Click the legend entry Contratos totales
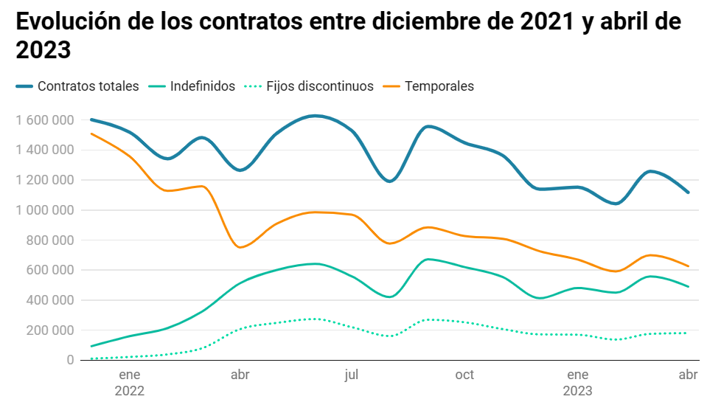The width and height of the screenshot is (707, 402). (88, 86)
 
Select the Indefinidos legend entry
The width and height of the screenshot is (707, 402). (202, 86)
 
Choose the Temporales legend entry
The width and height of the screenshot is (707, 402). (439, 86)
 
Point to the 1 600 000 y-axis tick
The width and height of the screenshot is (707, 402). (45, 119)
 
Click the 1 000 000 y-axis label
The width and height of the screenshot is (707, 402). (45, 210)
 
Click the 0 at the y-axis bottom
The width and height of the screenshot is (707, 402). (70, 360)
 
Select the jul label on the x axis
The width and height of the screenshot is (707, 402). (352, 375)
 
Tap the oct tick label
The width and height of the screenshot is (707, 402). (464, 375)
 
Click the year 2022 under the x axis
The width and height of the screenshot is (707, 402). (130, 391)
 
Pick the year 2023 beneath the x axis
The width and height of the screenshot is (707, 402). (577, 391)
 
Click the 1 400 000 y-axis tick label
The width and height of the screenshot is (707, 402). (45, 150)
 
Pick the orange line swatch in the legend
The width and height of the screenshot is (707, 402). (392, 86)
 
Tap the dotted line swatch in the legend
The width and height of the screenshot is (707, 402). (252, 86)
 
